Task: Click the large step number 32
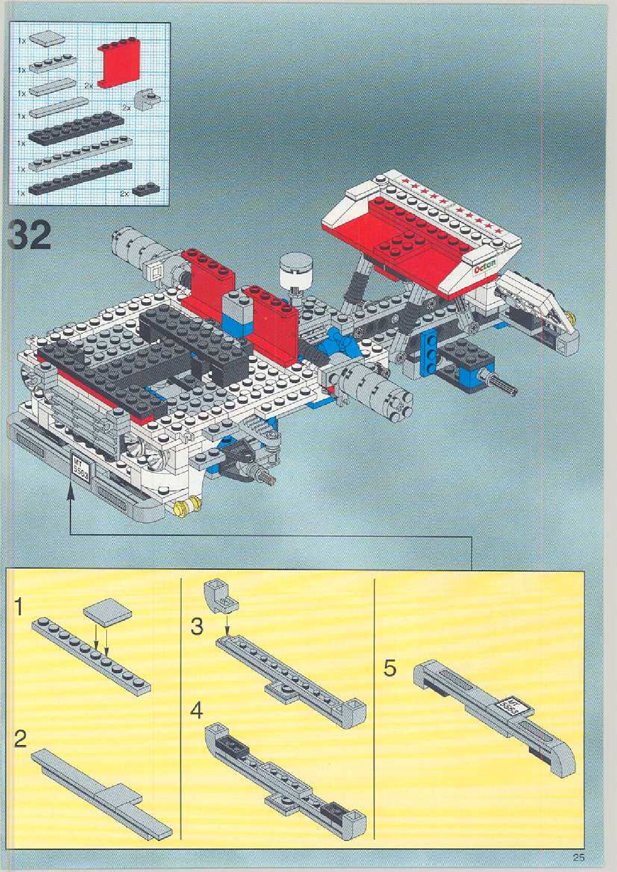(30, 236)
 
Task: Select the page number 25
(579, 857)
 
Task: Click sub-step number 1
(19, 607)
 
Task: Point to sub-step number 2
(20, 738)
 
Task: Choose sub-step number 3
(197, 626)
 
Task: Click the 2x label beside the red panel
(89, 86)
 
